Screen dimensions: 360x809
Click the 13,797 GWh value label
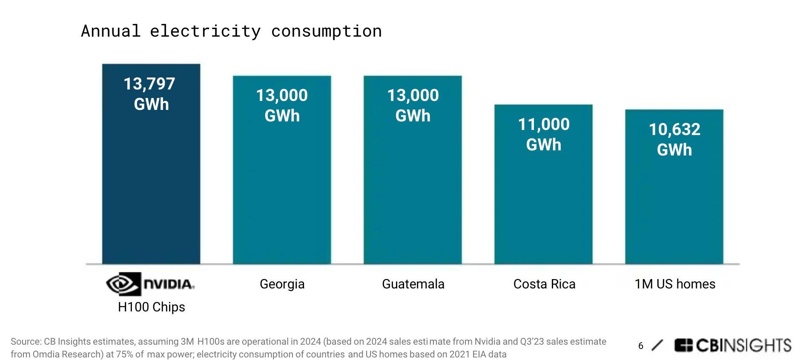point(150,94)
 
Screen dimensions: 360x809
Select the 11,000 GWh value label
point(544,134)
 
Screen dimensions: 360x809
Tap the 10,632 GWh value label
point(674,139)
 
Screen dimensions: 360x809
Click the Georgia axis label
point(282,284)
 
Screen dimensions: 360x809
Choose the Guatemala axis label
point(413,284)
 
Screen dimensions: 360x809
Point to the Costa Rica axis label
point(544,284)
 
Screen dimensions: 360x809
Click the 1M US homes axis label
point(675,284)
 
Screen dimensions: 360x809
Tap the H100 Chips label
point(152,307)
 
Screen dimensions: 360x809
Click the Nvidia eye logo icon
point(123,284)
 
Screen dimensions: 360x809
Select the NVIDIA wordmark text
point(169,284)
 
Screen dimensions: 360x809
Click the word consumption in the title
point(326,32)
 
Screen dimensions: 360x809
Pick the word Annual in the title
point(111,32)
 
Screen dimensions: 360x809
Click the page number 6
point(641,346)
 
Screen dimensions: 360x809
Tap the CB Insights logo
point(732,346)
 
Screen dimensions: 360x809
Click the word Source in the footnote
point(25,342)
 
